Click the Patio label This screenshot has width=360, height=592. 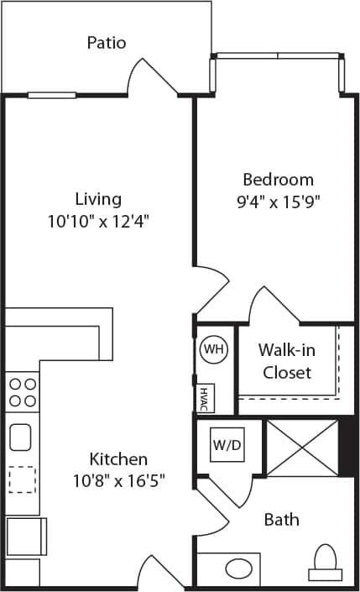tap(107, 42)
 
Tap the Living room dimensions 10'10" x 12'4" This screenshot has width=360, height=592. tap(98, 221)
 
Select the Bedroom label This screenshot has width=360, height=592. tap(278, 179)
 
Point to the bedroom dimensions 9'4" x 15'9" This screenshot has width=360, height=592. tap(278, 201)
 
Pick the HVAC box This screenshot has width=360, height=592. tap(204, 398)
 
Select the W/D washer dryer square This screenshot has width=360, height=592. tap(227, 445)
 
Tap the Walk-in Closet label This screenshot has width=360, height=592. tap(286, 360)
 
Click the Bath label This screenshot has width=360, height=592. tap(281, 520)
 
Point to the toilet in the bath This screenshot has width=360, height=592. tap(325, 563)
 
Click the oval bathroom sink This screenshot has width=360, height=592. tap(240, 566)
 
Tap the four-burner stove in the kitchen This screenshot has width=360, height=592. tap(23, 392)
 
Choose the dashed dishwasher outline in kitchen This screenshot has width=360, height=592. tap(22, 479)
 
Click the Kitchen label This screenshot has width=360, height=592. tap(119, 459)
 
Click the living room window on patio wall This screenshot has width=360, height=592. tap(52, 95)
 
